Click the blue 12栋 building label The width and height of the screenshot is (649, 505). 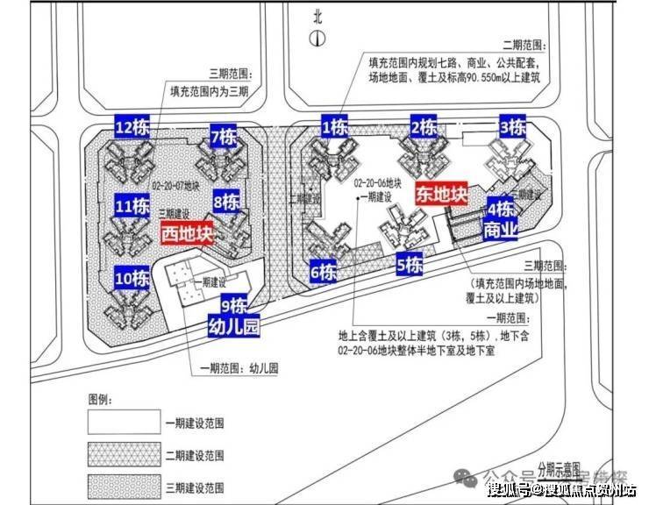pyautogui.click(x=134, y=127)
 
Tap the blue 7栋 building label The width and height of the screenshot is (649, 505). pyautogui.click(x=223, y=137)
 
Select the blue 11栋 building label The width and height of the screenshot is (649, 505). pyautogui.click(x=132, y=207)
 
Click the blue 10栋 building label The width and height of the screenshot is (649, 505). pyautogui.click(x=132, y=279)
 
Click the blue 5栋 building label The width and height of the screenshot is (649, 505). pyautogui.click(x=410, y=264)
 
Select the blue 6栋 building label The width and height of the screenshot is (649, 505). pyautogui.click(x=323, y=272)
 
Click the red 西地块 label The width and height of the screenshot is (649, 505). pyautogui.click(x=188, y=234)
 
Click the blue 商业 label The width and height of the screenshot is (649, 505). pyautogui.click(x=501, y=231)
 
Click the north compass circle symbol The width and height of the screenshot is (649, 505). pyautogui.click(x=317, y=39)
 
